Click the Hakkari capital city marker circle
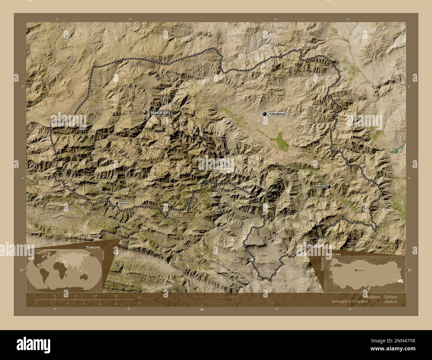pyautogui.click(x=145, y=113)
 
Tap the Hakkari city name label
pyautogui.click(x=160, y=113)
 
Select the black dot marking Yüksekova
pyautogui.click(x=265, y=114)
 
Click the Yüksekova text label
pyautogui.click(x=277, y=114)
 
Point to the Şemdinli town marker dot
pyautogui.click(x=329, y=187)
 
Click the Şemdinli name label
pyautogui.click(x=319, y=187)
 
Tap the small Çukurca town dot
pyautogui.click(x=117, y=203)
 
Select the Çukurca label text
pyautogui.click(x=123, y=203)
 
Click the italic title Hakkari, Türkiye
pyautogui.click(x=380, y=296)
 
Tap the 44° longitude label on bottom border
pyautogui.click(x=202, y=309)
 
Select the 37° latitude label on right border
pyautogui.click(x=409, y=270)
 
